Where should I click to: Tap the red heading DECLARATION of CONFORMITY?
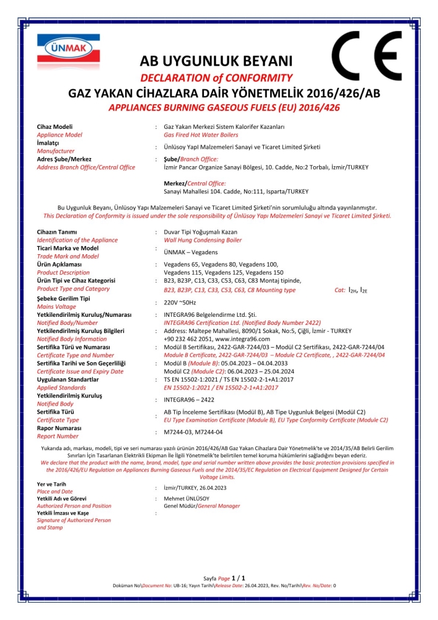216,78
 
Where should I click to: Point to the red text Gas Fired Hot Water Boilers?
200,134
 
